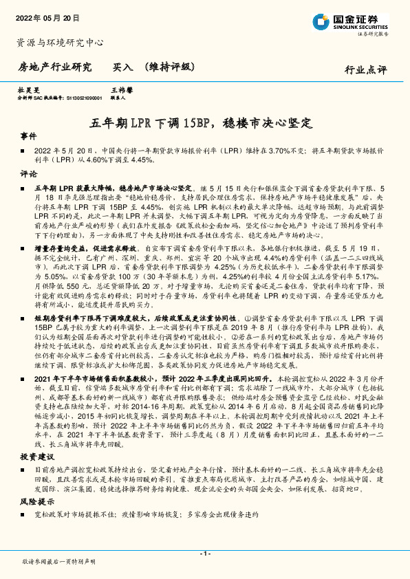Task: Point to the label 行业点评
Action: click(365, 70)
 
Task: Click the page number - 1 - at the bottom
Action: click(204, 552)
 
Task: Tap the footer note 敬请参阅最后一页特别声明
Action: click(59, 562)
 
